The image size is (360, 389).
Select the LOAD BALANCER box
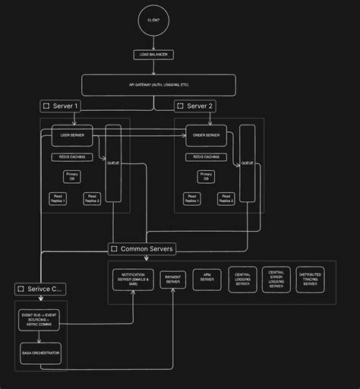point(153,55)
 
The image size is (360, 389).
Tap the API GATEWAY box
point(158,85)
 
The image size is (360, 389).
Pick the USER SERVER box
point(72,136)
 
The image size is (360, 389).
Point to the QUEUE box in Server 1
point(113,163)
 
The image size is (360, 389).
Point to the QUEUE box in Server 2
point(247,163)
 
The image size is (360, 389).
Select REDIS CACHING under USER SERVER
point(72,157)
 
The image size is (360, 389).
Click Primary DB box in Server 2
point(206,176)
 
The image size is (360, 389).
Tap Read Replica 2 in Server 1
point(92,198)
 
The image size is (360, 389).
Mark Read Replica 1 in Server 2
point(191,198)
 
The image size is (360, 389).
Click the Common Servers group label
point(142,248)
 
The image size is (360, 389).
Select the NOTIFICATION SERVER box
point(133,280)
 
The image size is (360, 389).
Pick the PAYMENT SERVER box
point(173,280)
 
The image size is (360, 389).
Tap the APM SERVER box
point(207,280)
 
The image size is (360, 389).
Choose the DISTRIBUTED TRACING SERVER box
point(310,280)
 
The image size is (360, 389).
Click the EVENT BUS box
point(39,319)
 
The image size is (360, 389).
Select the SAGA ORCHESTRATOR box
point(39,353)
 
